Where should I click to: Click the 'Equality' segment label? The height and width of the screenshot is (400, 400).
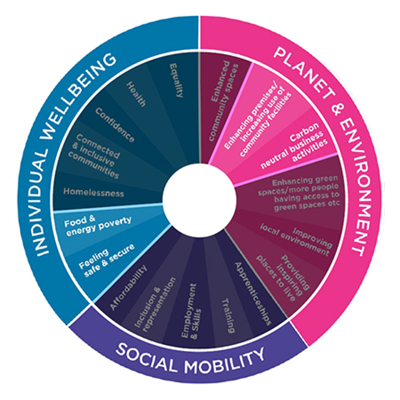tap(176, 80)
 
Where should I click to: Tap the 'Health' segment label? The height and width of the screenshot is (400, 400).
tap(136, 94)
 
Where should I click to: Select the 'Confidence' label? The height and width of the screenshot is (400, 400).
tap(114, 124)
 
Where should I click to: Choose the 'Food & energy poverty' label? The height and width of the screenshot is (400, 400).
tap(97, 224)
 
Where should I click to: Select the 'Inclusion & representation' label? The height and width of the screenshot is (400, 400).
tap(155, 304)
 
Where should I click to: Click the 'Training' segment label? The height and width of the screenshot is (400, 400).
tap(228, 315)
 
